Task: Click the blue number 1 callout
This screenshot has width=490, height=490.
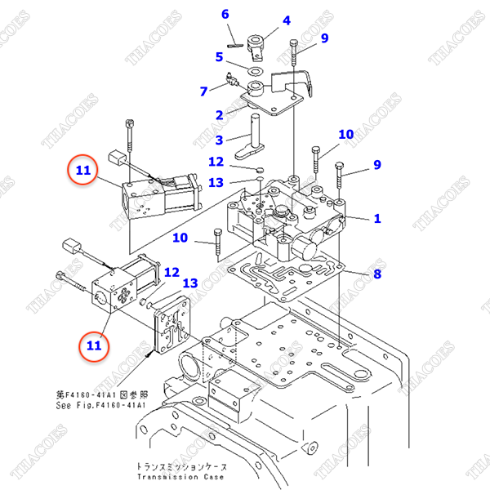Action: click(377, 218)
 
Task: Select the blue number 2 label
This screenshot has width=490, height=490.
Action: click(219, 114)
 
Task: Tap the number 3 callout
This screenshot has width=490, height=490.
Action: click(219, 140)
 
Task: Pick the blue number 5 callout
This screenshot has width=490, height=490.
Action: click(219, 56)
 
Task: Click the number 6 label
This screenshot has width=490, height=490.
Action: click(225, 14)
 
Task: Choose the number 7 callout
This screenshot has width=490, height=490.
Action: click(204, 91)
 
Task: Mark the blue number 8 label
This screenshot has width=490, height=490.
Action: click(377, 274)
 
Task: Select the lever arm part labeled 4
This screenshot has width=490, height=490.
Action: click(261, 46)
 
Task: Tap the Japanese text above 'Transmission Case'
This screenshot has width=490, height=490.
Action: click(180, 465)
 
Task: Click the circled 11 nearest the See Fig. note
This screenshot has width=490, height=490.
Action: click(95, 345)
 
